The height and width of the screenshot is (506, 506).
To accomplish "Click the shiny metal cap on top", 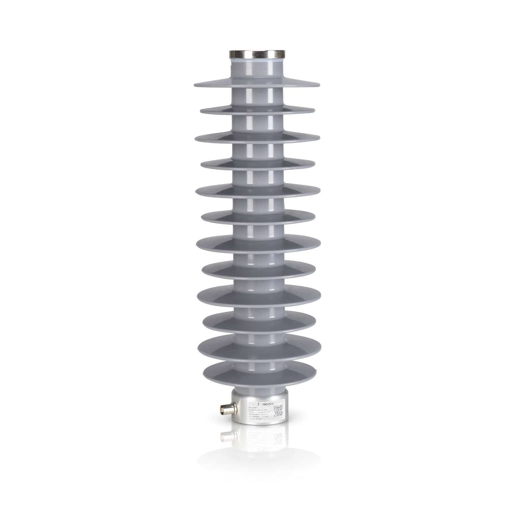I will click(x=257, y=54).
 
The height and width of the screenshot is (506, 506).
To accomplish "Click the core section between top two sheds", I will click(x=256, y=98).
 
